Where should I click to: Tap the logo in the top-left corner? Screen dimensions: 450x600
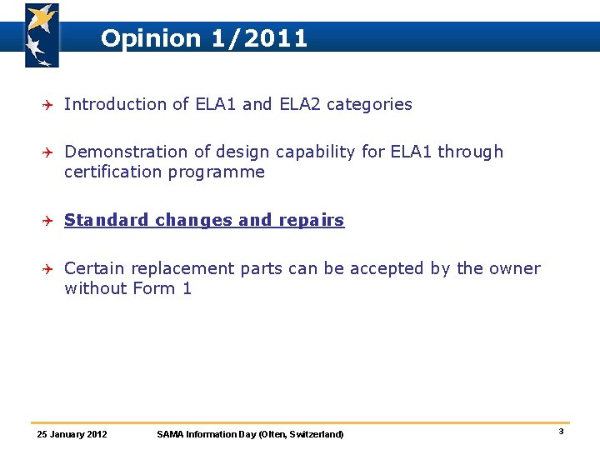pos(41,35)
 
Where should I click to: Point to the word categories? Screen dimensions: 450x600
pos(369,104)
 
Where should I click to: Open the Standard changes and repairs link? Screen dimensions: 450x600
pos(204,220)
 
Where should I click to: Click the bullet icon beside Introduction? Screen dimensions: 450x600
pos(48,104)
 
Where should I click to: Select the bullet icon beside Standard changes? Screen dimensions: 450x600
pos(48,221)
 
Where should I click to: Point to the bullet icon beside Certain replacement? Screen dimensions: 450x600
pos(48,269)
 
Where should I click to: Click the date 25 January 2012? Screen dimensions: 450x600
pos(72,434)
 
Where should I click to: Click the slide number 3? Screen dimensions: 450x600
pos(561,432)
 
